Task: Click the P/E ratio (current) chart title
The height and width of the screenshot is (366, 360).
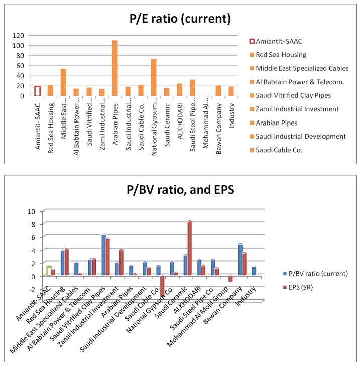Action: pos(179,19)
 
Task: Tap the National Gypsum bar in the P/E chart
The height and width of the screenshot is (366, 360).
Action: pos(154,77)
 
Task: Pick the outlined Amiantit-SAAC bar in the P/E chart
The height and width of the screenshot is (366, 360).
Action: pos(38,91)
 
